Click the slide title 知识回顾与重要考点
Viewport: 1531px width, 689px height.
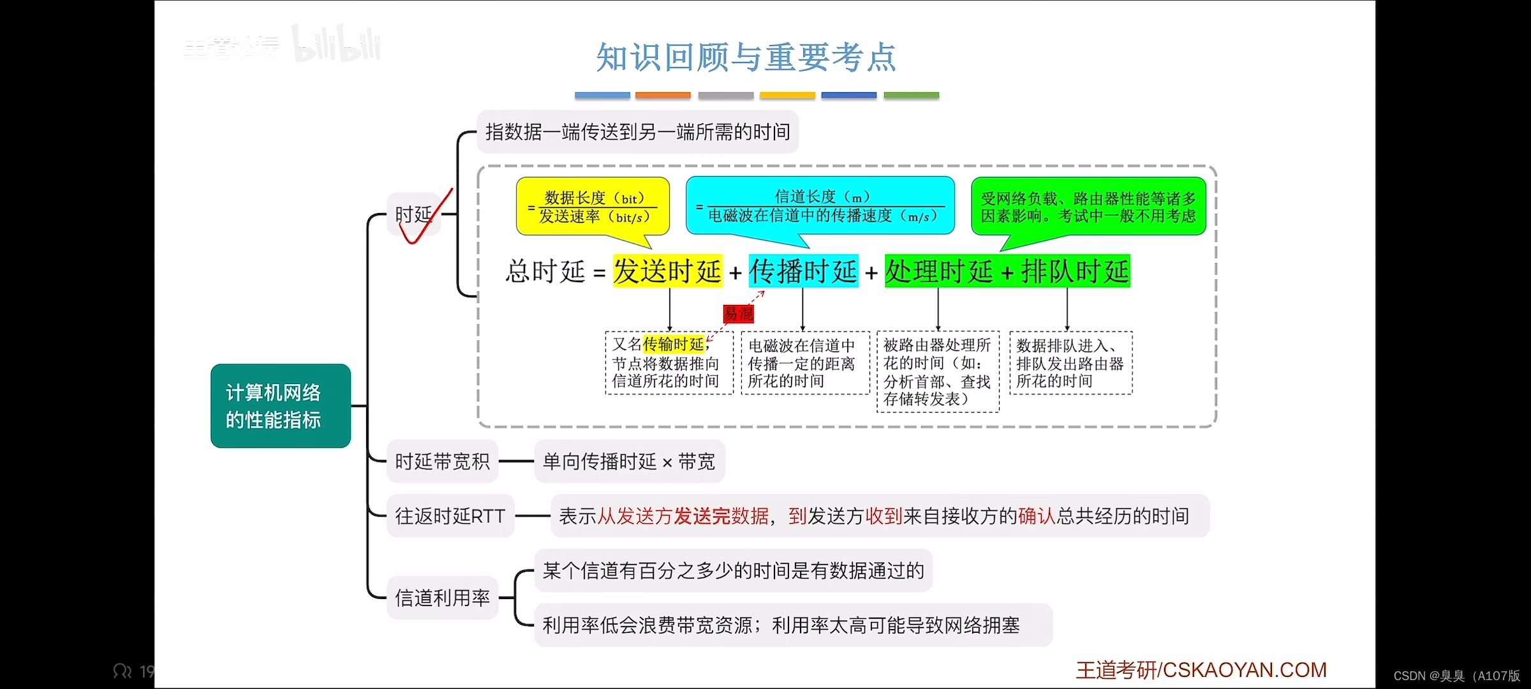coord(746,57)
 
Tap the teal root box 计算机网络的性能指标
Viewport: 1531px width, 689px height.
coord(280,406)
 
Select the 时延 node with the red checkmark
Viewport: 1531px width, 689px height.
coord(414,214)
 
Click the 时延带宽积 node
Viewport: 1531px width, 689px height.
coord(442,461)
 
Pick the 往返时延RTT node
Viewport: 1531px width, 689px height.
coord(450,515)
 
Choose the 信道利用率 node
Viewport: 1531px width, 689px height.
coord(442,598)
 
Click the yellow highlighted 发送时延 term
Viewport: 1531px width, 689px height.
coord(667,272)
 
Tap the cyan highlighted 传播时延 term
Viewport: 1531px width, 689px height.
coord(803,272)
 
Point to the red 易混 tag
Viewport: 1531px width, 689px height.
coord(738,313)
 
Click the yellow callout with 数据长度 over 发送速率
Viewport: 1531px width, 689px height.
coord(593,207)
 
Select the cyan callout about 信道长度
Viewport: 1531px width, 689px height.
coord(820,206)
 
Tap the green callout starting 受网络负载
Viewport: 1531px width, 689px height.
coord(1088,207)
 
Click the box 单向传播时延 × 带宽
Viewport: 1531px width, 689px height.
coord(629,461)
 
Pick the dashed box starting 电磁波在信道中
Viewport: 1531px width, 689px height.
coord(805,363)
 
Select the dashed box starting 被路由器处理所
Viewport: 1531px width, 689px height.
coord(938,372)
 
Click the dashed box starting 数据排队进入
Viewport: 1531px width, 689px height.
coord(1070,363)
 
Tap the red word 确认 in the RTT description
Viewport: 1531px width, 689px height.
coord(1037,515)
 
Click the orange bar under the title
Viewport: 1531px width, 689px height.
coord(663,96)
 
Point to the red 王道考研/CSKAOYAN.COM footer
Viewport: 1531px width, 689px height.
coord(1201,670)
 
